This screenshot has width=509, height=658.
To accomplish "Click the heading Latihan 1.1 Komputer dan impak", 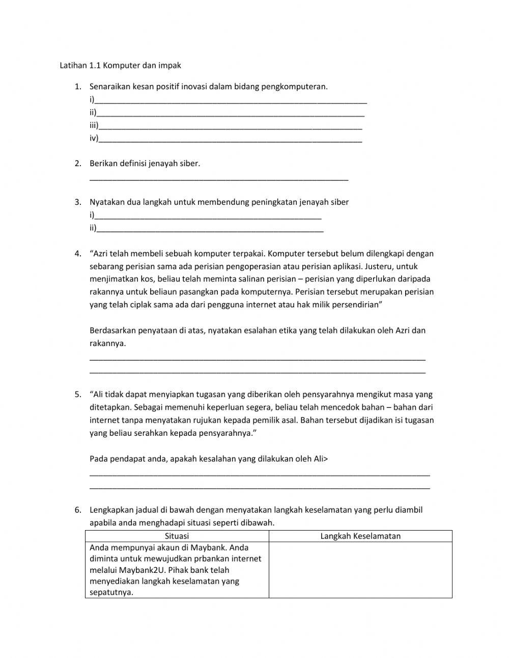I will [120, 65].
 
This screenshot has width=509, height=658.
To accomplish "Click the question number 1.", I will [77, 87].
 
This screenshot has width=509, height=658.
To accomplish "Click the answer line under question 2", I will [219, 178].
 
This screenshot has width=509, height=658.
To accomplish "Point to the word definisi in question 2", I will [133, 164].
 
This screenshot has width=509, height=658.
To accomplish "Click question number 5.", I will [77, 394].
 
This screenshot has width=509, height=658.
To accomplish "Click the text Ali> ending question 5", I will [321, 459].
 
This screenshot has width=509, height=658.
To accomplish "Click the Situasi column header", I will [177, 536].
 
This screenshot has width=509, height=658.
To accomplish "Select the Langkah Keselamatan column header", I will [360, 536].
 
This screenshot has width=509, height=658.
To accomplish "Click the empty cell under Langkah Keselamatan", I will [360, 569].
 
